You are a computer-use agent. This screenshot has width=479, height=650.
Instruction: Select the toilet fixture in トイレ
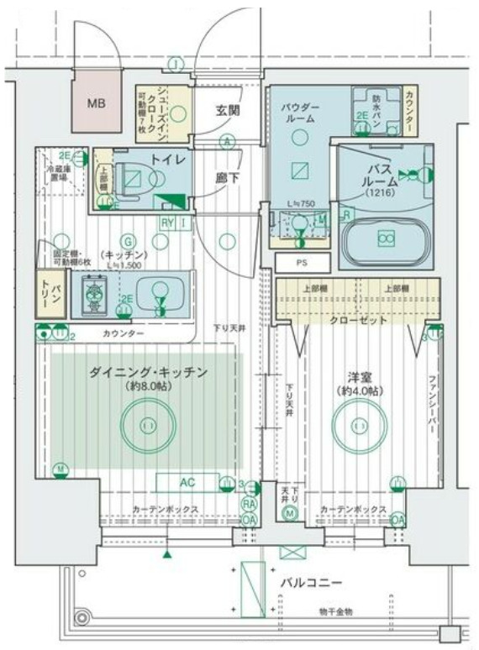click(138, 177)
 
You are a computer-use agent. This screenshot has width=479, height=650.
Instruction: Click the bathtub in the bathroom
click(386, 239)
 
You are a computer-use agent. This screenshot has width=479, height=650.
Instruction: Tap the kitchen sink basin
click(156, 295)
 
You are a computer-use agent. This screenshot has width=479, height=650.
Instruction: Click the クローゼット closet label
click(358, 320)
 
